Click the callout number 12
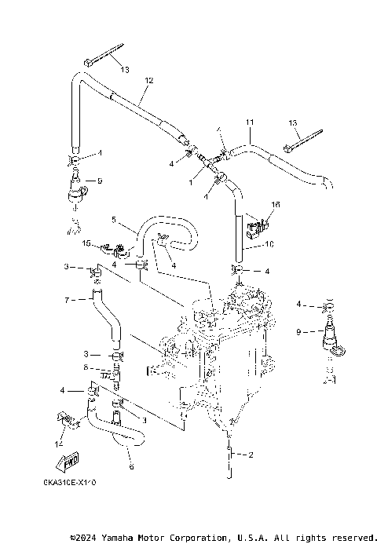coord(149,80)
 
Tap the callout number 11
coord(250,123)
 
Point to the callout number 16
coord(275,204)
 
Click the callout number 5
coord(113,220)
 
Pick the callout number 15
coord(88,243)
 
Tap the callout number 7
coord(68,299)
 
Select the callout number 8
coord(86,367)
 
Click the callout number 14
coord(59,444)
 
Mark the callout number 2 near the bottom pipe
coord(250,455)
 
